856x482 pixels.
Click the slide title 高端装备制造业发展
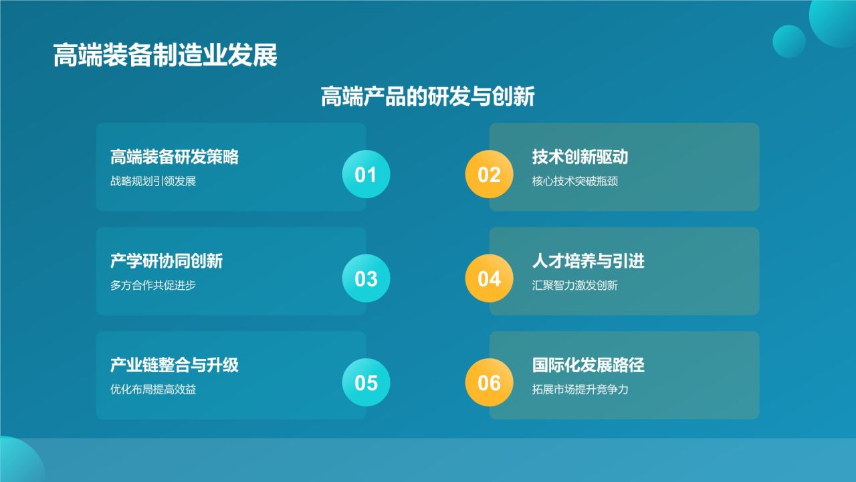point(165,55)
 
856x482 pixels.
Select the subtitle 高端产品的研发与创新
point(427,96)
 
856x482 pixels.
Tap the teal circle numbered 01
point(366,174)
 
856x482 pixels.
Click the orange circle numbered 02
point(489,174)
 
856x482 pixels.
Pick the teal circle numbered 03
point(366,278)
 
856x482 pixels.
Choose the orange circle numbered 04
point(489,278)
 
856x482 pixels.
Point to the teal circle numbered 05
point(366,382)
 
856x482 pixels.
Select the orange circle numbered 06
point(489,382)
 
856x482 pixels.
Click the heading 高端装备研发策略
point(175,157)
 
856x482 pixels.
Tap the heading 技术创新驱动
point(580,157)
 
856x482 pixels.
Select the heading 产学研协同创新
point(167,261)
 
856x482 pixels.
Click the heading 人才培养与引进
point(588,261)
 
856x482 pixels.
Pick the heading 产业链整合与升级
point(175,365)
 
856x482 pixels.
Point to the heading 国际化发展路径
point(588,365)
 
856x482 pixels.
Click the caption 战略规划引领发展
point(153,181)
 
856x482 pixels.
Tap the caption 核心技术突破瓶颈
point(574,181)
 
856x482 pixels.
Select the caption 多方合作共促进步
point(153,285)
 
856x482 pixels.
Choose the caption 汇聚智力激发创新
point(574,285)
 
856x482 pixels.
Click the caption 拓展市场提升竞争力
point(580,389)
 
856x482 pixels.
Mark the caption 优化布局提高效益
point(153,389)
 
